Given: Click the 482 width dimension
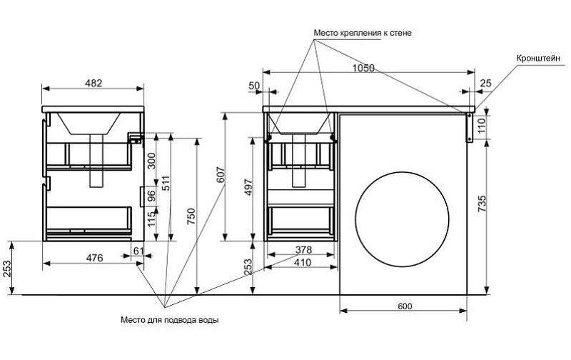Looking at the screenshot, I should pyautogui.click(x=94, y=83).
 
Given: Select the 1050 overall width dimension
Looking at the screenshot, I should pyautogui.click(x=363, y=67).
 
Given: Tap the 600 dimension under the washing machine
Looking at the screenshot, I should pyautogui.click(x=404, y=306).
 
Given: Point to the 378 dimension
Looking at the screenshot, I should pyautogui.click(x=303, y=251).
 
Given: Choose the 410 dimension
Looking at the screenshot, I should pyautogui.click(x=303, y=262).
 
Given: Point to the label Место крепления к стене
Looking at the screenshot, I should pyautogui.click(x=363, y=33).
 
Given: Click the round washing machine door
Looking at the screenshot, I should pyautogui.click(x=403, y=221).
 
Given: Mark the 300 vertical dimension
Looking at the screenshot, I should pyautogui.click(x=151, y=160).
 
